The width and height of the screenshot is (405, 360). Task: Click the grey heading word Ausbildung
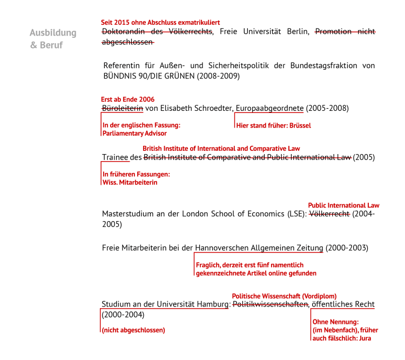click(x=53, y=33)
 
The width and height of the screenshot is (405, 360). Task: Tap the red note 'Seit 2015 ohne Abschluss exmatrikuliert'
click(x=160, y=23)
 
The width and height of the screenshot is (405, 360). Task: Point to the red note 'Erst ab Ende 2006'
click(x=127, y=99)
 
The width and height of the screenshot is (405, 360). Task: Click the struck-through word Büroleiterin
click(x=123, y=108)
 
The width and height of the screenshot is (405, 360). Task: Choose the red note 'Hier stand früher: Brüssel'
click(x=273, y=125)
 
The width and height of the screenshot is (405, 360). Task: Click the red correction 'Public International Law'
click(x=343, y=205)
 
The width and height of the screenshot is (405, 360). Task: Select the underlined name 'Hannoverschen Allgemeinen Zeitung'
click(x=259, y=248)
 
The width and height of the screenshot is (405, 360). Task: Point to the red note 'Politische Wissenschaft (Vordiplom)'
click(x=284, y=296)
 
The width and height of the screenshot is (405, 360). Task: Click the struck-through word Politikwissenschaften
click(x=271, y=305)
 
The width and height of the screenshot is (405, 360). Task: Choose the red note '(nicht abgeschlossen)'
click(x=133, y=330)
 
